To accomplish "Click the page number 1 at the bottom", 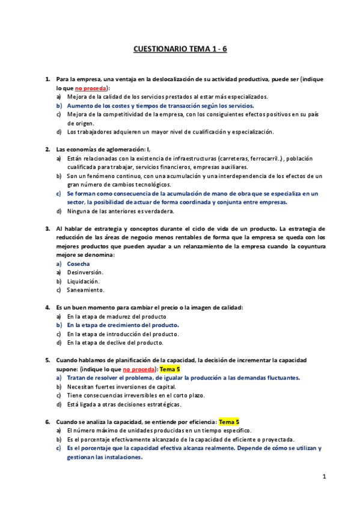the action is (323, 477).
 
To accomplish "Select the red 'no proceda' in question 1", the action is (91, 88).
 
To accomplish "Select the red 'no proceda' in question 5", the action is (139, 369).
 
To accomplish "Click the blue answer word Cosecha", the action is (79, 263).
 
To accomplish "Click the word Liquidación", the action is (83, 281).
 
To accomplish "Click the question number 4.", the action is (47, 307).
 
